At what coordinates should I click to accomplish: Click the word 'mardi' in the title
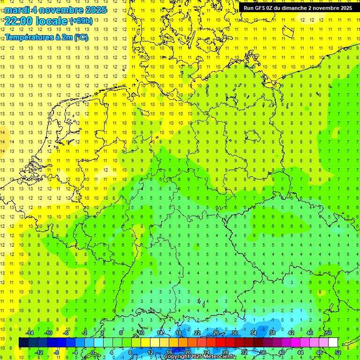pos(18,10)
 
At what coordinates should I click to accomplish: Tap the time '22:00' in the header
pos(18,21)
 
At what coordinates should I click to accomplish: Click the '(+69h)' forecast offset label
pos(81,21)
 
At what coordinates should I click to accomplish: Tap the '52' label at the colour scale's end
pos(338,352)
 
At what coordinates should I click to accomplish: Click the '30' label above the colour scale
pos(235,333)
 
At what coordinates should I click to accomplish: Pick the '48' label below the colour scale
pos(319,352)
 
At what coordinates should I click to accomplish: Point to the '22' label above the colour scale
pos(197,333)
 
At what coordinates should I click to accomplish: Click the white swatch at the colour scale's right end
pos(333,343)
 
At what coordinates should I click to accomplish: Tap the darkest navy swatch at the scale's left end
pos(23,343)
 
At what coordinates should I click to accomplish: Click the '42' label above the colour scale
pos(291,333)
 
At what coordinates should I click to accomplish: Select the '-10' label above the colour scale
pos(48,333)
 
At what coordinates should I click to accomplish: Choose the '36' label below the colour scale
pos(263,352)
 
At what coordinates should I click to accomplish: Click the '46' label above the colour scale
pos(310,333)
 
